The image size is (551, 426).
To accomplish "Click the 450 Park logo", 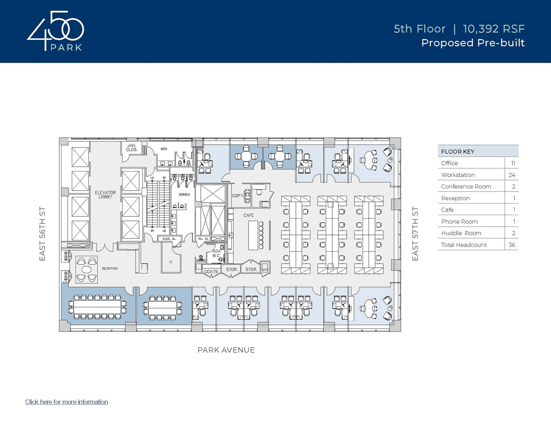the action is coord(55,31).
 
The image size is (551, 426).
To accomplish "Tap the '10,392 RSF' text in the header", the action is coord(494,29).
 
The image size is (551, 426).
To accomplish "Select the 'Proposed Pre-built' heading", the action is coord(473,43).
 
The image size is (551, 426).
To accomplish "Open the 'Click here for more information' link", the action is coord(67,402).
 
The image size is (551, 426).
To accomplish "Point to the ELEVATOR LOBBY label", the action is coord(105,195).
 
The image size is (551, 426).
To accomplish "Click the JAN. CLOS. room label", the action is coord(132,147).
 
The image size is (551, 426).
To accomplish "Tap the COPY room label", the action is coord(238,196).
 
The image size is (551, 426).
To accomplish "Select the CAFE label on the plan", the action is coord(249,215).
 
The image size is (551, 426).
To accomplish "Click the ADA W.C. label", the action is coord(217,253).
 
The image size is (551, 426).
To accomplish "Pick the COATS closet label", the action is coord(211,272).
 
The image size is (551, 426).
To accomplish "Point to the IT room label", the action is coord(171,262).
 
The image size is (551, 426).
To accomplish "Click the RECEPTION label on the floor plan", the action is coord(110,269).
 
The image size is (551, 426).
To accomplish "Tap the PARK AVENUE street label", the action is coord(226,350).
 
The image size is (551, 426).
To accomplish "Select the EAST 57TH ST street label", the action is coord(415,234).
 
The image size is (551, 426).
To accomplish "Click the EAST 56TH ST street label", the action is coord(42,234).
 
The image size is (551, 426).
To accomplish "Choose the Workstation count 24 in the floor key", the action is coord(512,175).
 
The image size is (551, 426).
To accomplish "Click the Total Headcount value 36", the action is coord(512,245).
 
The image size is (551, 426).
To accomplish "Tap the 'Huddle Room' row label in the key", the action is coord(461,233).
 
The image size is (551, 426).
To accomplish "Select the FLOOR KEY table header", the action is coord(458,152).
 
